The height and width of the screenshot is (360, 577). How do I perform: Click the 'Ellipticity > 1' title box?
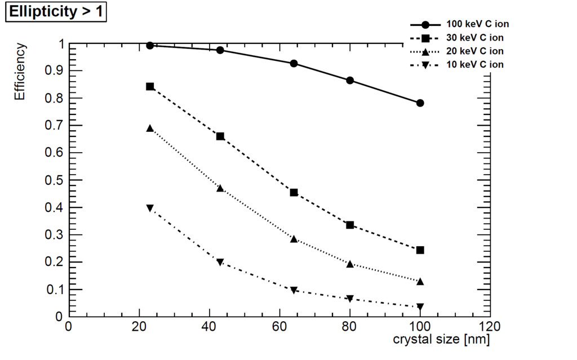coord(56,12)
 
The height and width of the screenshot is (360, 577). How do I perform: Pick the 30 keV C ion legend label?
coord(474,38)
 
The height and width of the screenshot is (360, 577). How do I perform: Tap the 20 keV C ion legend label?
coord(474,51)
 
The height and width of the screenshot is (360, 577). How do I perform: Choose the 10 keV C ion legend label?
coord(474,65)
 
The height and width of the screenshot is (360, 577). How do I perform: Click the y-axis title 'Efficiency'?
coord(20,72)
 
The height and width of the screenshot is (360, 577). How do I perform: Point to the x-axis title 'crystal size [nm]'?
coord(441,339)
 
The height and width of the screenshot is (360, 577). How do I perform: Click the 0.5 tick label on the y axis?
coord(54,180)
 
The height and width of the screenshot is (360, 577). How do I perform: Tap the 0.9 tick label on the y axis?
coord(54,70)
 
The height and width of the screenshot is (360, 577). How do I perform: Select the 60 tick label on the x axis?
coord(279,326)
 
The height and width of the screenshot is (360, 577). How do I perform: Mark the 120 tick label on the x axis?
coord(490,326)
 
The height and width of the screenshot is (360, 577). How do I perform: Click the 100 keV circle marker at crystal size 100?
coord(420,103)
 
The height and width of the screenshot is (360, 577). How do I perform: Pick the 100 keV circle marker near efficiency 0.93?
coord(294,63)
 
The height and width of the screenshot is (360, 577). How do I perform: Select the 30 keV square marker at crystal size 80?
coord(350,225)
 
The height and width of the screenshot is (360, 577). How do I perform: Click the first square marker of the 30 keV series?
coord(150,87)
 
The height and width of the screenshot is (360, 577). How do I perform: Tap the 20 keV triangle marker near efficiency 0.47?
coord(220,189)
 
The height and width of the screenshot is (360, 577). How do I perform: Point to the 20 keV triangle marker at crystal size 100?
coord(420,282)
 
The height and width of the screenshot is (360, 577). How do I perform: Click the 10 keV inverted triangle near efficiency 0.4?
coord(150,208)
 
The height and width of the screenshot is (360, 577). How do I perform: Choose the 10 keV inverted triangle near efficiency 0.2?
coord(220,262)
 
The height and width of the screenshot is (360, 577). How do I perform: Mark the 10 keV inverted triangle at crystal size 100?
coord(420,306)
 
